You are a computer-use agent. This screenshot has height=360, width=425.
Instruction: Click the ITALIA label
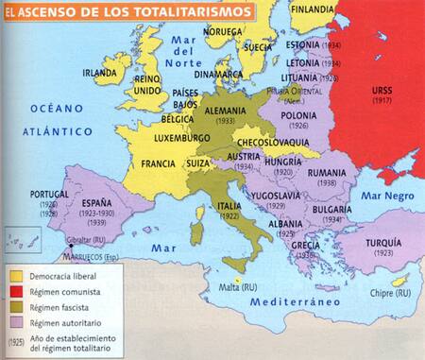click(229, 204)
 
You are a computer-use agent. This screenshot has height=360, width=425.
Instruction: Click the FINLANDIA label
click(311, 8)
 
